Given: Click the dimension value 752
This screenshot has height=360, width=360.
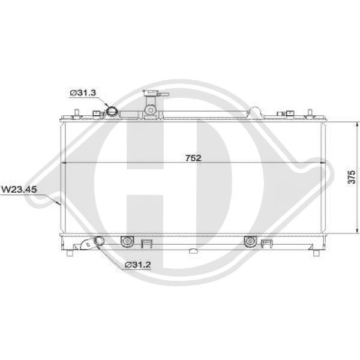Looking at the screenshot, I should coord(193,158).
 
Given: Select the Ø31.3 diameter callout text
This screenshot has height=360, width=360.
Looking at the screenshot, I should coord(82,92).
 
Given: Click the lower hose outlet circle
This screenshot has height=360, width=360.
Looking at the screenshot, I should coord(98,241).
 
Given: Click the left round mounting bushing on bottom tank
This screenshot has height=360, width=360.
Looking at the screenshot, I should coord(126,241).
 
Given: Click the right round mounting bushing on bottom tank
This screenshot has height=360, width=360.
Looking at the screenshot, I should coord(249,241).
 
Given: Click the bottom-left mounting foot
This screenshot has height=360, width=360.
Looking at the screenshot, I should coord(70,252).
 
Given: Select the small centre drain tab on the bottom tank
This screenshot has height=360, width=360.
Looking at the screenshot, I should coord(193,251).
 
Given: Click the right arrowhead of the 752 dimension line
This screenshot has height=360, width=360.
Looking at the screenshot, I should coord(322,163).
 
